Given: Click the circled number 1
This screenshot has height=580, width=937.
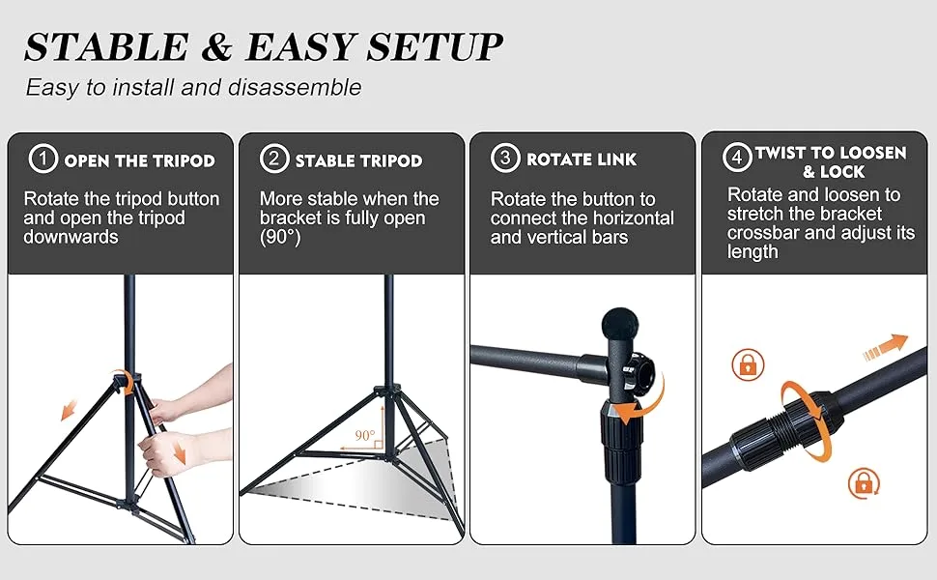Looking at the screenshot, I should click(42, 159).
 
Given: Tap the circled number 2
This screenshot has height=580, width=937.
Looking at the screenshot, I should click(274, 159).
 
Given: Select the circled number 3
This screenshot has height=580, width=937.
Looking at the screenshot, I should click(505, 159).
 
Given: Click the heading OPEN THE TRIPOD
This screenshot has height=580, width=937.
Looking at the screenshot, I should click(139, 160).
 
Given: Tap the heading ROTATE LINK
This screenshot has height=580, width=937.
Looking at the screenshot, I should click(582, 159).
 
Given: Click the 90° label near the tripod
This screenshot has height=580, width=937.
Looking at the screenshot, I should click(364, 436).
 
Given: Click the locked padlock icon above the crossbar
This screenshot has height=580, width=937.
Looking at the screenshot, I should click(749, 364).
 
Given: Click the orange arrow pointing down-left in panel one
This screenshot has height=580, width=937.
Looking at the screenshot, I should click(70, 410).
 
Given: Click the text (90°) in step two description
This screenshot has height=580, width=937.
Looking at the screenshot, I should click(281, 237).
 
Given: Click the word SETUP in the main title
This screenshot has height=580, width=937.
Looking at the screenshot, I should click(432, 47).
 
